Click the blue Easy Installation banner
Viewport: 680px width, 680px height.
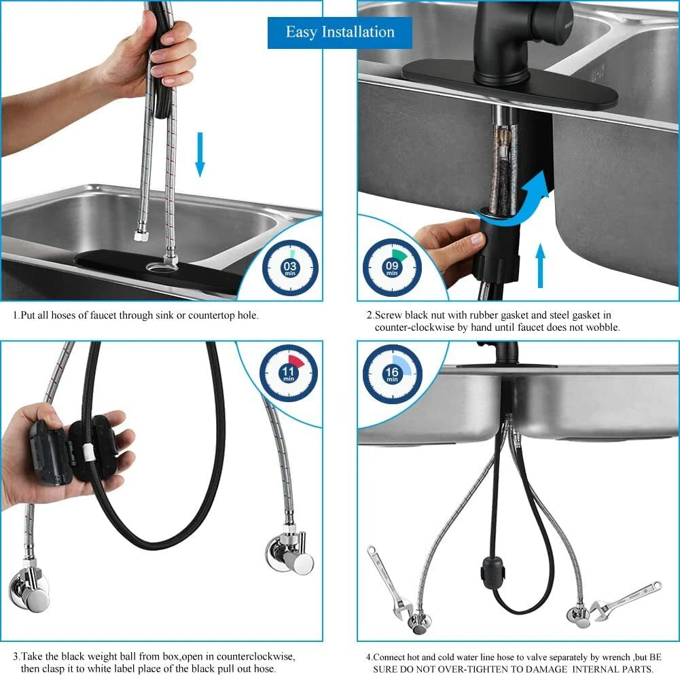tap(340, 33)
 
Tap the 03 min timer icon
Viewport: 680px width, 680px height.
tap(290, 268)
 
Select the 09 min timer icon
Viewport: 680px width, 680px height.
tap(392, 268)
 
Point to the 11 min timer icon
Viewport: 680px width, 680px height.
tap(289, 373)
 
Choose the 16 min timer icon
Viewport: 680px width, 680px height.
tap(392, 374)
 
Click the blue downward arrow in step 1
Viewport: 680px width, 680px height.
tap(200, 154)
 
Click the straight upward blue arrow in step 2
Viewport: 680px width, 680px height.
tap(540, 265)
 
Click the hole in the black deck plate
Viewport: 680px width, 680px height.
tap(160, 267)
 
